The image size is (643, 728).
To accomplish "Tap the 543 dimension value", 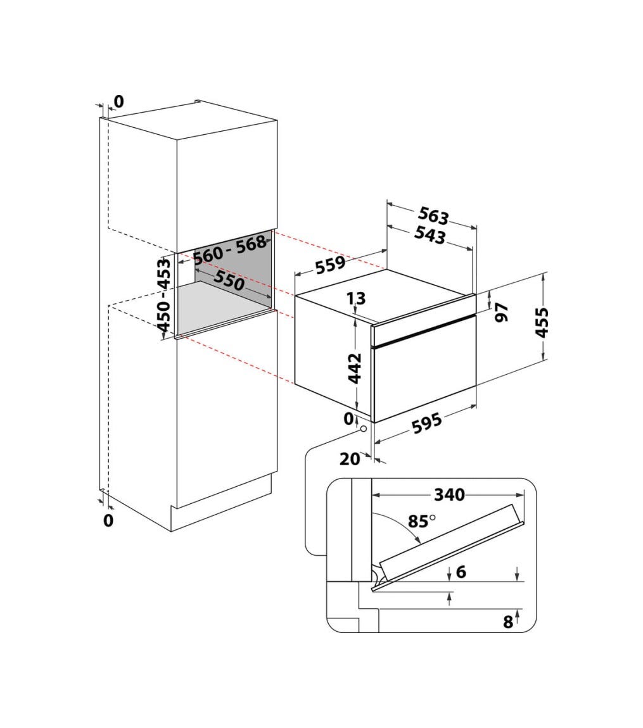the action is pos(430,235).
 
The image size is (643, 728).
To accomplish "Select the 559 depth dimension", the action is pos(331,265).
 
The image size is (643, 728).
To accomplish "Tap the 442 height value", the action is pos(355,368).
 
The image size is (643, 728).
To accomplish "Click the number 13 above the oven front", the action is pos(356,298).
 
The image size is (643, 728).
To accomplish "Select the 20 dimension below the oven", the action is pos(350,459).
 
